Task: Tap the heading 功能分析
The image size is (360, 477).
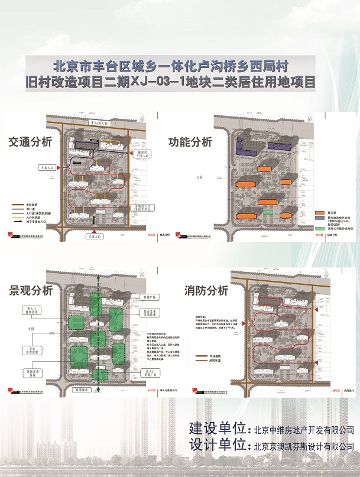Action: (190, 142)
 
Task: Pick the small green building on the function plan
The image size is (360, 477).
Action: (269, 210)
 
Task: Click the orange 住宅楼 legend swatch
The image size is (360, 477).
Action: (318, 212)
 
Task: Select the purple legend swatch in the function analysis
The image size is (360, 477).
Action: (318, 218)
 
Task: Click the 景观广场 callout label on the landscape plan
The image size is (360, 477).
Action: (147, 297)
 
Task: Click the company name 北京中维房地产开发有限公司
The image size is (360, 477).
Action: (303, 430)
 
